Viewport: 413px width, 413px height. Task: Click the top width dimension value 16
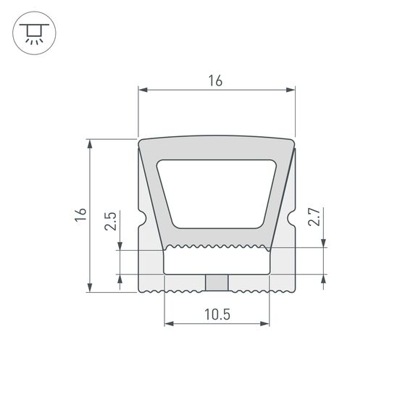pyautogui.click(x=215, y=81)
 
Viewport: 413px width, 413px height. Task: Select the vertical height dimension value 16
pyautogui.click(x=80, y=214)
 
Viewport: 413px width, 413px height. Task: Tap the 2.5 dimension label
pyautogui.click(x=111, y=221)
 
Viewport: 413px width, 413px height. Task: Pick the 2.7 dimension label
pyautogui.click(x=314, y=217)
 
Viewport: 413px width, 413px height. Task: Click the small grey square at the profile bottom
pyautogui.click(x=216, y=282)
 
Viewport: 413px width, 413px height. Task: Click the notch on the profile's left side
pyautogui.click(x=141, y=218)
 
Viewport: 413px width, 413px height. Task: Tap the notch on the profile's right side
pyautogui.click(x=292, y=217)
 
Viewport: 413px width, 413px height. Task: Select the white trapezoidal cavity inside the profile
pyautogui.click(x=217, y=192)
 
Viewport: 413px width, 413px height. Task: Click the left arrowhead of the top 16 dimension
pyautogui.click(x=142, y=91)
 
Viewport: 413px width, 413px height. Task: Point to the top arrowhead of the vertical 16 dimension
pyautogui.click(x=91, y=143)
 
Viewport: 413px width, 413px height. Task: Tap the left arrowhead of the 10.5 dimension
pyautogui.click(x=169, y=322)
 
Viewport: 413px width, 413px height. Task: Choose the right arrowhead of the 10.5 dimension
pyautogui.click(x=265, y=322)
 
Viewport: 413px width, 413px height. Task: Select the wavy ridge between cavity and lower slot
pyautogui.click(x=217, y=247)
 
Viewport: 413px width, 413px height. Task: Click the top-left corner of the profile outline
pyautogui.click(x=140, y=141)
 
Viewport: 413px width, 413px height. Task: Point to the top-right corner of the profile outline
pyautogui.click(x=293, y=141)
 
